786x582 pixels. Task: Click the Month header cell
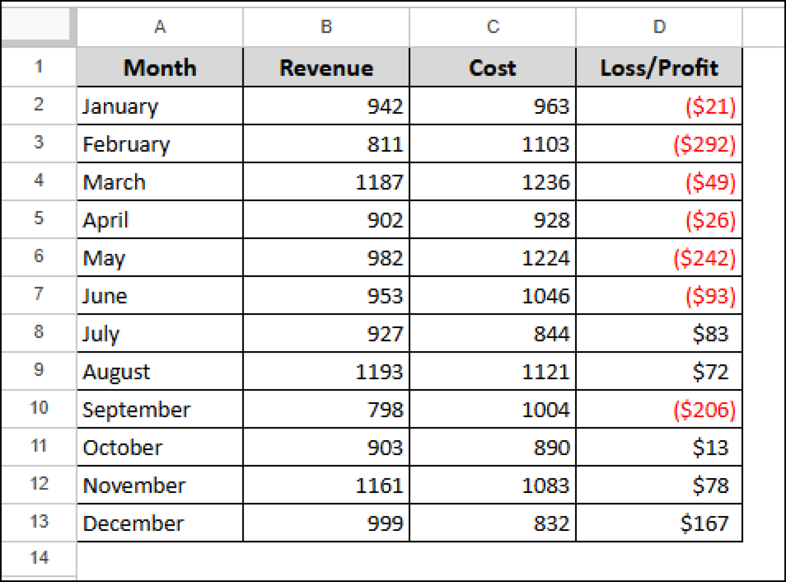(x=160, y=68)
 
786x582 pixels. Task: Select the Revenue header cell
(x=326, y=68)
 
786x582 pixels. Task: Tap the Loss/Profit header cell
(x=659, y=68)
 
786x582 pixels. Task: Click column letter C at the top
(x=493, y=27)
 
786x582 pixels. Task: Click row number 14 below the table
(x=39, y=557)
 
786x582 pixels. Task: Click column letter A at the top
(x=160, y=27)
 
